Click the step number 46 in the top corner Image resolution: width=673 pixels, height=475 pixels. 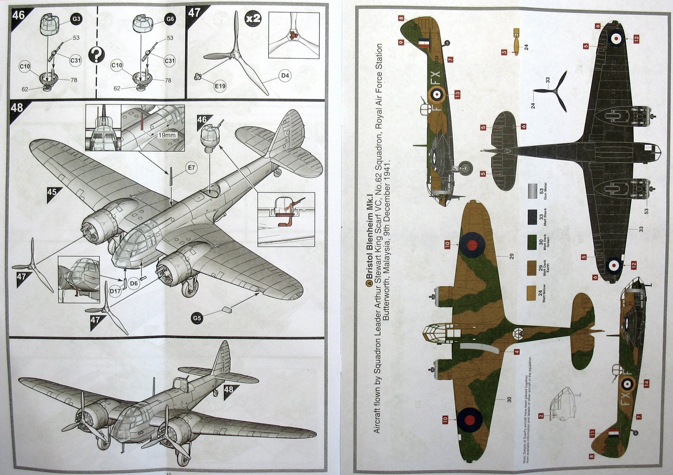point(18,15)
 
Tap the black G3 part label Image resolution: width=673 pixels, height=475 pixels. point(76,19)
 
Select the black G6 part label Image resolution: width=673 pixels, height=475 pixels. point(170,19)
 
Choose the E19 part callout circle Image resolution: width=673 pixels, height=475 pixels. point(220,86)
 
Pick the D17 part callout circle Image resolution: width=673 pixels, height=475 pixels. point(116,291)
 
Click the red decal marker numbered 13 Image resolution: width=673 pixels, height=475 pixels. point(457,94)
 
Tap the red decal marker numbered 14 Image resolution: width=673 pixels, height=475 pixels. point(646,383)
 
